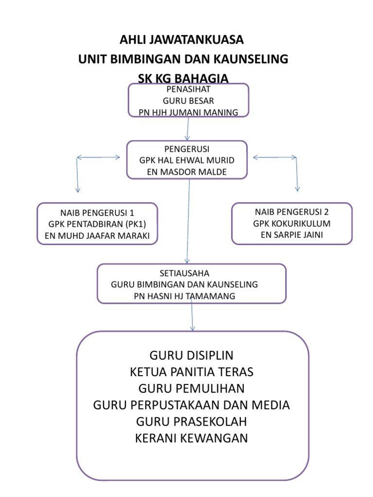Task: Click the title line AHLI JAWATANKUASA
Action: pos(182,39)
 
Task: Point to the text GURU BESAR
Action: pos(188,101)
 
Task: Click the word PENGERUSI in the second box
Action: pos(187,149)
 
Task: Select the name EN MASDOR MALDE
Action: pos(187,172)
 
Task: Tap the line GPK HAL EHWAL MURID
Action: pos(187,160)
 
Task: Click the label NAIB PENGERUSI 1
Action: pos(97,213)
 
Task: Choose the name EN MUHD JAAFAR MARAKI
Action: pos(97,236)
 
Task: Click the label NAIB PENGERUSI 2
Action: pos(291,212)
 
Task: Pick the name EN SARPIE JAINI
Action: pos(291,235)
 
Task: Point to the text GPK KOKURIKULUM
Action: pos(291,224)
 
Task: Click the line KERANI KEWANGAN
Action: pos(192,438)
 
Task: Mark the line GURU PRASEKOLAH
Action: pos(192,421)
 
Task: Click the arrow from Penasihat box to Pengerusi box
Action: pos(187,129)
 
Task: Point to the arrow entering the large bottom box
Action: pos(192,318)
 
